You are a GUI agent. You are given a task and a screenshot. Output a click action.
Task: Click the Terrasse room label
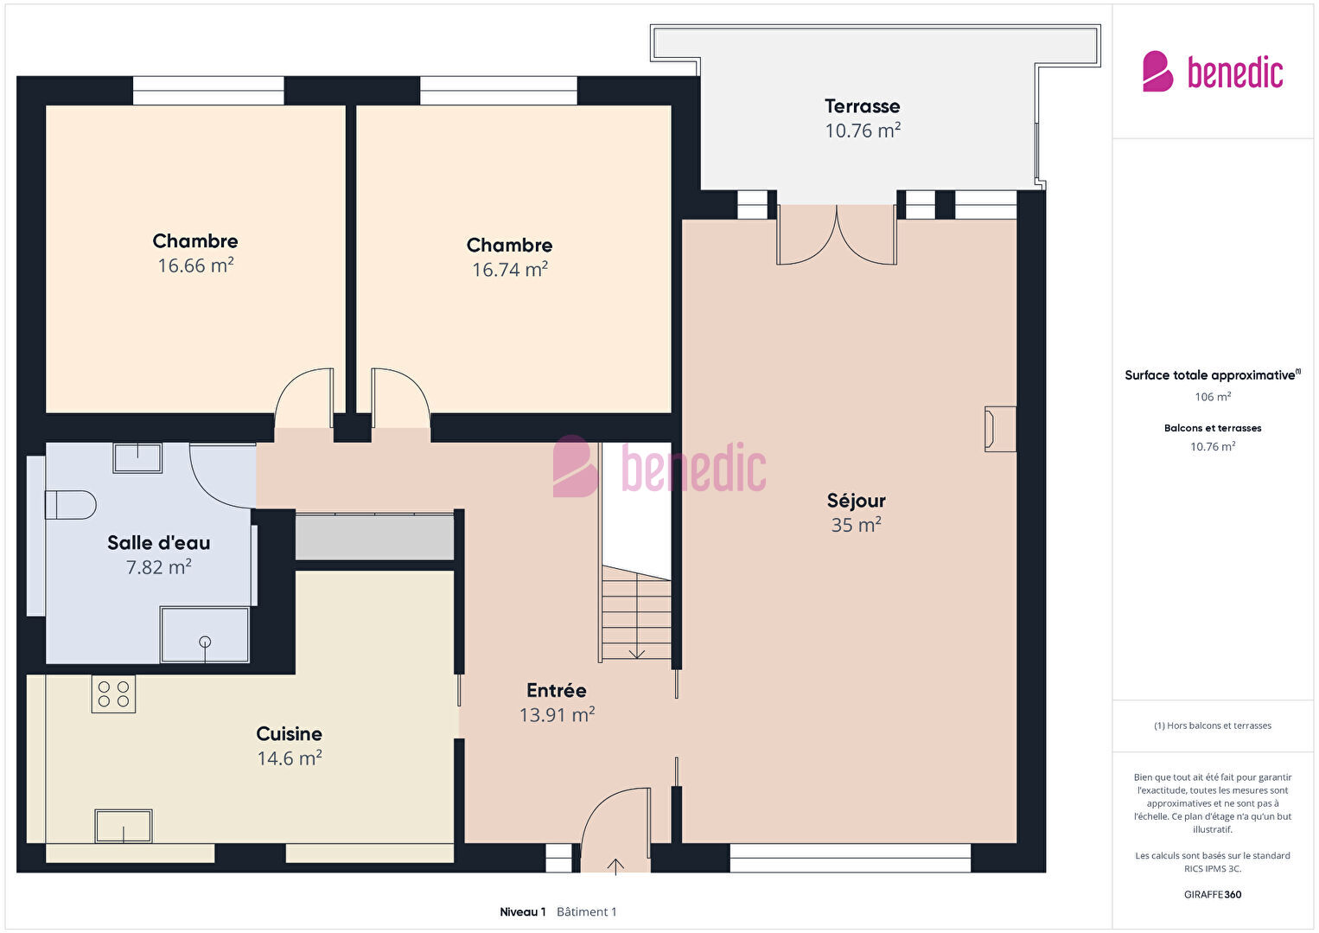coord(862,106)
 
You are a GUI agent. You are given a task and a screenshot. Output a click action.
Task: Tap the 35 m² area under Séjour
coord(856,525)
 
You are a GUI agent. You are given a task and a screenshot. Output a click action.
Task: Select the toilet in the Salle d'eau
coord(70,505)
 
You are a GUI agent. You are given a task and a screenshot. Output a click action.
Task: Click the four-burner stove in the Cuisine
coord(113,693)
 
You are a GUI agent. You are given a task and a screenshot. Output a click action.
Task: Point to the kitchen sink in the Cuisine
coord(124,826)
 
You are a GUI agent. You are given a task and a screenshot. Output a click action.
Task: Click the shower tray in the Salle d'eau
coord(205,635)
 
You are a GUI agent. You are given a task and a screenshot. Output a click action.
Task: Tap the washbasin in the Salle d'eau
coord(137,457)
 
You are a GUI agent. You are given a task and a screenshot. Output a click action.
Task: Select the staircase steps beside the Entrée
coord(636,613)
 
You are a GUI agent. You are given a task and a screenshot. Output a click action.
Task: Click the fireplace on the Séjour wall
coord(1000,429)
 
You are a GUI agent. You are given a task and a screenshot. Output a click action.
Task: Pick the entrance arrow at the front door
coord(615,866)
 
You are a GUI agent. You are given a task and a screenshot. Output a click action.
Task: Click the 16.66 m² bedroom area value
coord(195,265)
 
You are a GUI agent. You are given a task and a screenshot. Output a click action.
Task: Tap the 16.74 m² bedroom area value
coord(510,270)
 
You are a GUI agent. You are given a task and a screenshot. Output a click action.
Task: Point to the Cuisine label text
coord(289,734)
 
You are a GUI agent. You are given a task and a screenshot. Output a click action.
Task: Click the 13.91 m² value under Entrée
coord(557,714)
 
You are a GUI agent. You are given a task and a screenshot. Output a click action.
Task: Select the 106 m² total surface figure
coord(1213,397)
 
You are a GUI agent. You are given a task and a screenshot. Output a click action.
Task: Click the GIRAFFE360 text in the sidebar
coord(1213,894)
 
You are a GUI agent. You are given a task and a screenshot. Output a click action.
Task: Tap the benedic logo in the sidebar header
coord(1213,71)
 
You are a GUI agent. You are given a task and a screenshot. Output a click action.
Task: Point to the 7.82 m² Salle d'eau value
coord(158,567)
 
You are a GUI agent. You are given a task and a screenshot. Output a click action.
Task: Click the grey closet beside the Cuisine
coord(374,537)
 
